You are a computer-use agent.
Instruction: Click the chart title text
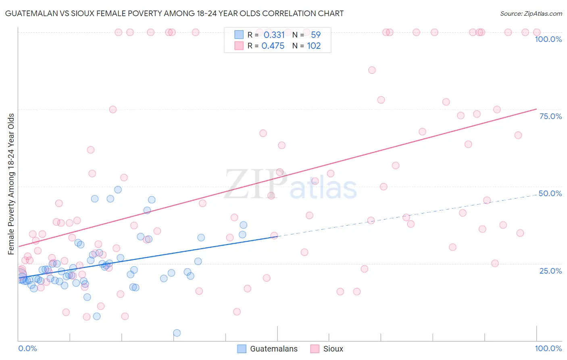[x=174, y=13]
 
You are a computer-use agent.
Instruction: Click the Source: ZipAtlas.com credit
[x=531, y=13]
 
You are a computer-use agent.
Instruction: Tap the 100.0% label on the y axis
[x=548, y=39]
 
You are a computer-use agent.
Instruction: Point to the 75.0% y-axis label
[x=550, y=116]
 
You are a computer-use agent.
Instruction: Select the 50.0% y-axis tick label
[x=550, y=193]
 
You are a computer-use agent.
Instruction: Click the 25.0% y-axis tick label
[x=550, y=271]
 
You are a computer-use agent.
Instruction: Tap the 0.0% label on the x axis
[x=27, y=348]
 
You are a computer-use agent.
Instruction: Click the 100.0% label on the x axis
[x=548, y=348]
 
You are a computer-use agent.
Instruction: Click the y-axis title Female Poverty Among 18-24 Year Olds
[x=11, y=184]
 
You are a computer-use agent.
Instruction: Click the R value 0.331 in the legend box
[x=274, y=35]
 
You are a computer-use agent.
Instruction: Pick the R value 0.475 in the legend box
[x=273, y=46]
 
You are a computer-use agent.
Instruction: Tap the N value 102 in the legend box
[x=314, y=46]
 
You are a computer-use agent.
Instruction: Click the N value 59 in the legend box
[x=315, y=35]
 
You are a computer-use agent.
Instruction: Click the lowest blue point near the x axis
[x=177, y=333]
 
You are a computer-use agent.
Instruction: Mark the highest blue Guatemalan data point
[x=118, y=190]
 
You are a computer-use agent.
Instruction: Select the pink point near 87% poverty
[x=372, y=70]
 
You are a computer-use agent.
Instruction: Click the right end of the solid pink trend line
[x=536, y=109]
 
